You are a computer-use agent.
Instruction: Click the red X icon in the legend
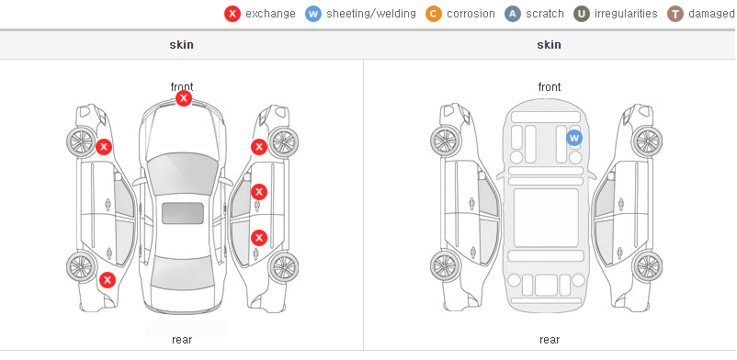232,14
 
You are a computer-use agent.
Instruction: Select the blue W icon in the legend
313,14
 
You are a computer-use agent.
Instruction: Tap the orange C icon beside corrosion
434,14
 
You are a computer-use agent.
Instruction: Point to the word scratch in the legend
545,14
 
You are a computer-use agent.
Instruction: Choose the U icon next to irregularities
582,14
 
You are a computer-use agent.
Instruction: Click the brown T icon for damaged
675,14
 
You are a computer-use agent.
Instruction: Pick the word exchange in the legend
270,14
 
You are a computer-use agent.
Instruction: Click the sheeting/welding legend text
371,14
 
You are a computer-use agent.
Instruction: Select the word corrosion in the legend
471,14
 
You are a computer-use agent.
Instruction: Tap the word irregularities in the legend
626,14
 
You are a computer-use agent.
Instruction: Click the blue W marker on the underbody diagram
574,138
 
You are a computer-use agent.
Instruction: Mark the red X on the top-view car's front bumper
184,98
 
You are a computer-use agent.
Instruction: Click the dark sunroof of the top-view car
183,213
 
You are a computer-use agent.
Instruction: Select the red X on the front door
259,192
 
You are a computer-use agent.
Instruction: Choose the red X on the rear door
259,238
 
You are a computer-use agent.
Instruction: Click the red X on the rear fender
108,281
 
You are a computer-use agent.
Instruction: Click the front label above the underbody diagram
550,87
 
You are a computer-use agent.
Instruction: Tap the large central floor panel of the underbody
546,218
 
